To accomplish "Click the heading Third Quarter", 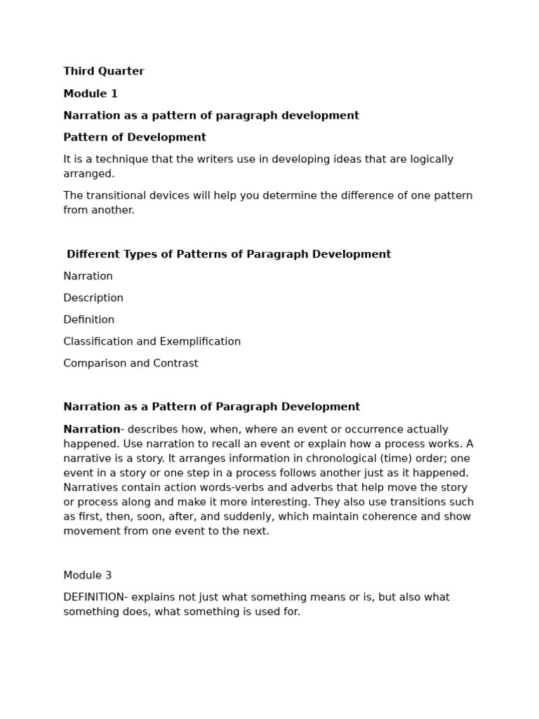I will [x=104, y=72].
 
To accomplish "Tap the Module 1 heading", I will [x=91, y=94].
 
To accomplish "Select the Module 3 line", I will [x=88, y=576].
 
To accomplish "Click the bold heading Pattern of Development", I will [x=135, y=138].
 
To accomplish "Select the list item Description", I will [x=93, y=298].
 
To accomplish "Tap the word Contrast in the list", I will [x=176, y=364].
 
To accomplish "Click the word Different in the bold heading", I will [x=93, y=255].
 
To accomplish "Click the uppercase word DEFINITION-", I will [x=95, y=598].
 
